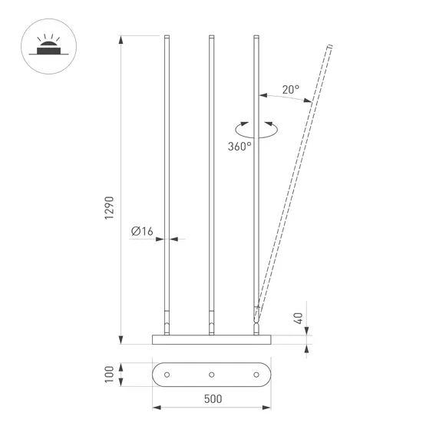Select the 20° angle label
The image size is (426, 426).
click(289, 89)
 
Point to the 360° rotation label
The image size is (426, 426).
click(239, 146)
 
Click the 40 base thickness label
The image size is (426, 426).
click(299, 316)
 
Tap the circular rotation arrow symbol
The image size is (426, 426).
click(254, 127)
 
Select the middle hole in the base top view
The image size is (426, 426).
click(211, 374)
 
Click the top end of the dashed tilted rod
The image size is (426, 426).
click(330, 48)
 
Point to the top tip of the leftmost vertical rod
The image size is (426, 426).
click(167, 36)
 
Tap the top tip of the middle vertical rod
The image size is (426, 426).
click(211, 36)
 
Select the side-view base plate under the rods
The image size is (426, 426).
click(211, 338)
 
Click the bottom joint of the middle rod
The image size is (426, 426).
click(211, 322)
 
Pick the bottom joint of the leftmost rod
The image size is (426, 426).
click(167, 322)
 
